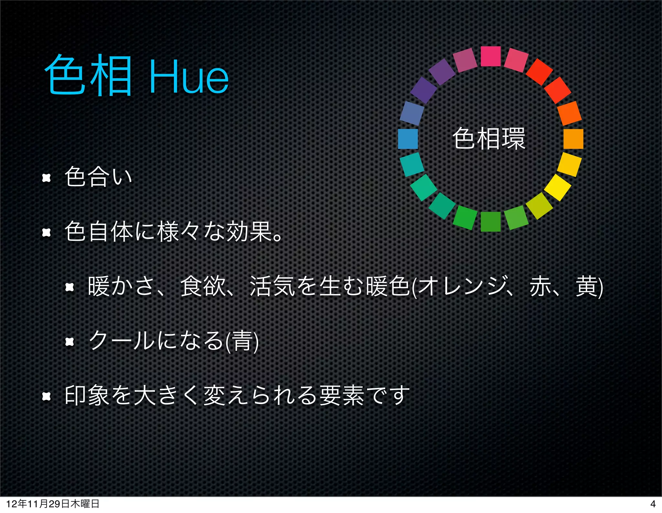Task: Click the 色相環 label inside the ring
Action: click(489, 139)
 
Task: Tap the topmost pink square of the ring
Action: click(491, 56)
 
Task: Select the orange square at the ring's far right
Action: click(573, 139)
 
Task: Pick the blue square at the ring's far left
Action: click(408, 139)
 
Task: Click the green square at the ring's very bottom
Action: click(491, 222)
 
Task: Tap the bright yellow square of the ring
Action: click(557, 187)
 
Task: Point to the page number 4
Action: click(653, 504)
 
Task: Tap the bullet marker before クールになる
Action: click(70, 341)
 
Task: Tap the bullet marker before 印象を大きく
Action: click(47, 396)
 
